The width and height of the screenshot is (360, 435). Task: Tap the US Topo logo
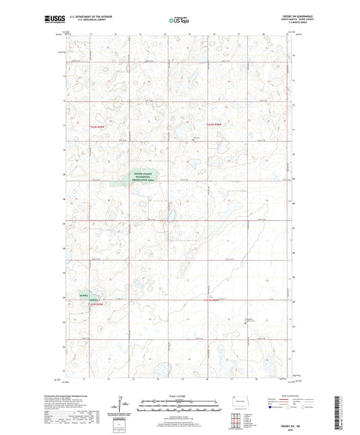(179, 20)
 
